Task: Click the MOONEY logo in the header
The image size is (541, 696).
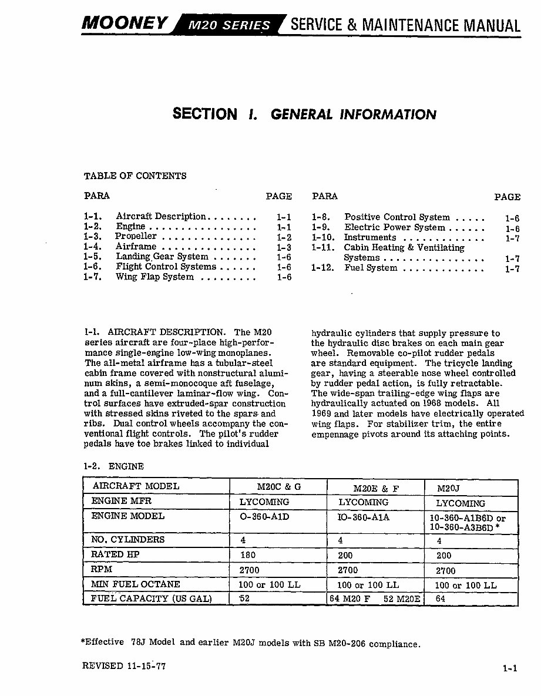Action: click(x=126, y=23)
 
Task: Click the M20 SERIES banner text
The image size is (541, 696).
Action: click(x=229, y=25)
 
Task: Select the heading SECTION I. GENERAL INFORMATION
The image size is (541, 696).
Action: click(x=304, y=114)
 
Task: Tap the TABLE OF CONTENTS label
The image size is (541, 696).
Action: click(x=135, y=176)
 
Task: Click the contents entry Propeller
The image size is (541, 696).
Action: click(x=136, y=237)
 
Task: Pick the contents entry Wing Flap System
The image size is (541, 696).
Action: click(x=154, y=277)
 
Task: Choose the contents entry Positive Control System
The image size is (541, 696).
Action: click(x=397, y=217)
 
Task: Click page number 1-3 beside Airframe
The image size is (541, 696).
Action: click(x=284, y=247)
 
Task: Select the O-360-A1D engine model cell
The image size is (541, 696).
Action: click(x=265, y=517)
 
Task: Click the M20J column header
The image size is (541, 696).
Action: click(x=449, y=488)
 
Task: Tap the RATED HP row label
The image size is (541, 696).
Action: click(x=115, y=554)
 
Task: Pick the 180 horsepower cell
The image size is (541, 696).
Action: click(x=248, y=554)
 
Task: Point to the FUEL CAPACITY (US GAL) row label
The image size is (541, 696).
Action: click(x=151, y=599)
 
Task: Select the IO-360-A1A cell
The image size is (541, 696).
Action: click(x=364, y=517)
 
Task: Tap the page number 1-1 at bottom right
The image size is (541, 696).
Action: click(x=510, y=668)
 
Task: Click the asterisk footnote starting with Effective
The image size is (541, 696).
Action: click(x=251, y=643)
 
